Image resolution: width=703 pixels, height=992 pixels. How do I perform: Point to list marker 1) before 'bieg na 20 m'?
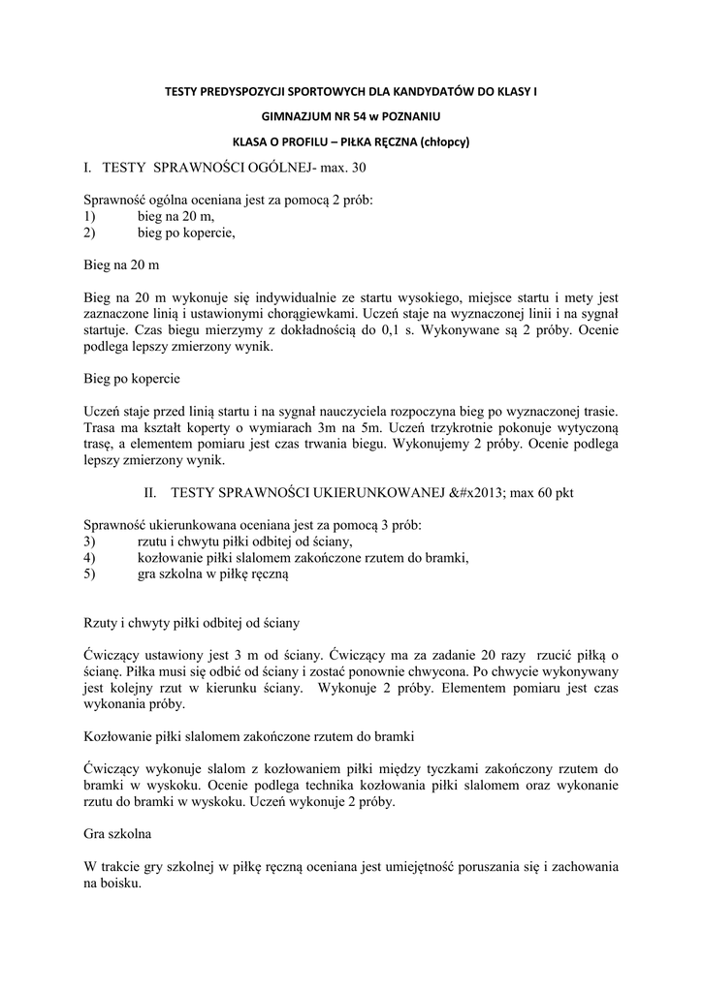click(90, 217)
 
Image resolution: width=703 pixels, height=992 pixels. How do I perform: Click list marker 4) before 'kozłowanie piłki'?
click(90, 557)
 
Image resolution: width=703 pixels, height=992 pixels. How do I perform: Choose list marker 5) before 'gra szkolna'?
click(90, 573)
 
